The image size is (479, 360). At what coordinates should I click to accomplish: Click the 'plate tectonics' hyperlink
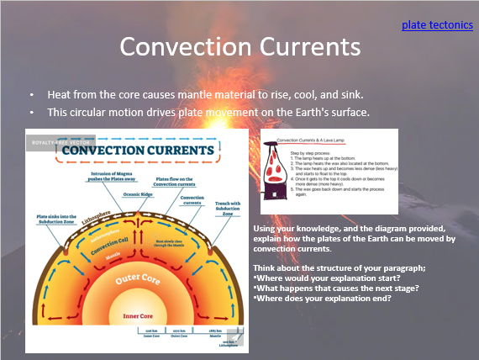(436, 25)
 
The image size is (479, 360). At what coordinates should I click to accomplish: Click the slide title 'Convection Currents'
(239, 47)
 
